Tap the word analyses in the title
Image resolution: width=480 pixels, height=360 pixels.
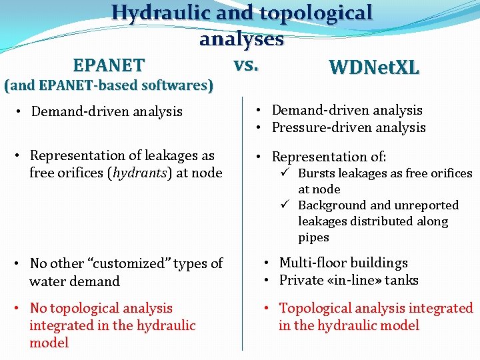(x=241, y=39)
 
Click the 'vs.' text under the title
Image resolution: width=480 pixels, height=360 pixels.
(x=246, y=65)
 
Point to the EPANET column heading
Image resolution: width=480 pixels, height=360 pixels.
(x=109, y=65)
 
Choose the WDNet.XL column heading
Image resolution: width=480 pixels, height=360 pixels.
(x=373, y=67)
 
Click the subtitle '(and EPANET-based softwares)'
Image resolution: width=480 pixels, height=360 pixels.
(x=109, y=86)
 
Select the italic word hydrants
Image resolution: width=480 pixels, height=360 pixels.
(x=141, y=173)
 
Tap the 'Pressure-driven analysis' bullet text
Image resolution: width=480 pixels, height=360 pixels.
(x=348, y=127)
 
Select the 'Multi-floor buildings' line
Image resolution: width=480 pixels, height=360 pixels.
(x=343, y=263)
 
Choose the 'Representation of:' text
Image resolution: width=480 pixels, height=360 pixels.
(x=329, y=157)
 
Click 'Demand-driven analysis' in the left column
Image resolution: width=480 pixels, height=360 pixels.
(x=107, y=111)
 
